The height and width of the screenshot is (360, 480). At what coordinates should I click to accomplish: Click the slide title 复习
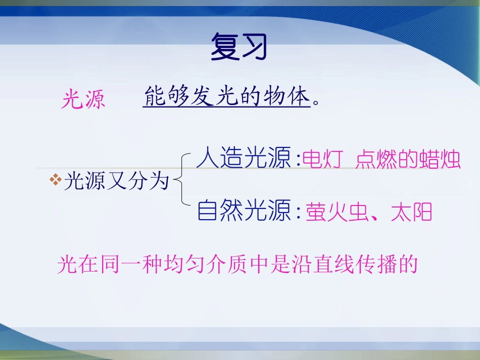(x=238, y=47)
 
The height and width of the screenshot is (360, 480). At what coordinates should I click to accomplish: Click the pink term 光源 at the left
(x=83, y=99)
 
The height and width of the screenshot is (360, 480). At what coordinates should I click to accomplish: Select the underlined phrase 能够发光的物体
(x=226, y=96)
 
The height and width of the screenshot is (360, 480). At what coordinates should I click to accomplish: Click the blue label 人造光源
(x=244, y=159)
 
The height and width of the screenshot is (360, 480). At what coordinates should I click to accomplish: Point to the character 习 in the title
(x=253, y=47)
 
